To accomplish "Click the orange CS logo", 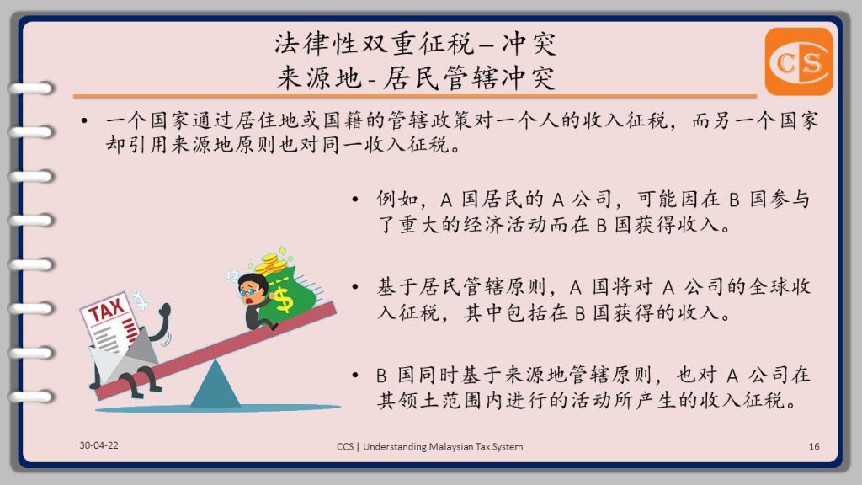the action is coord(799,61).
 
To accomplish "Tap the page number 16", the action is coord(814,446).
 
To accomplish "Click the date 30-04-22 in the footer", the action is coord(98,445).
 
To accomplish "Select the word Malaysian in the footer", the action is coord(451,446).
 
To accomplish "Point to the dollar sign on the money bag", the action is coord(284,299).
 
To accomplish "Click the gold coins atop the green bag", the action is coord(272,263).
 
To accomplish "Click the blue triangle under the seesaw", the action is coord(215,385).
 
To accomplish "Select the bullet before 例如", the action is coord(355,199).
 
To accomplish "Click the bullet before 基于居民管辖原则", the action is coord(355,287).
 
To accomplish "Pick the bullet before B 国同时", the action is coord(355,375).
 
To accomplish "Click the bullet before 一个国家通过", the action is coord(84,120).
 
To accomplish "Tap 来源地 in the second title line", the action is coord(319,77).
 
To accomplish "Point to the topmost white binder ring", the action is coord(32,88).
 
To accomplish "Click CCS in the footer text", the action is coord(345,446).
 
